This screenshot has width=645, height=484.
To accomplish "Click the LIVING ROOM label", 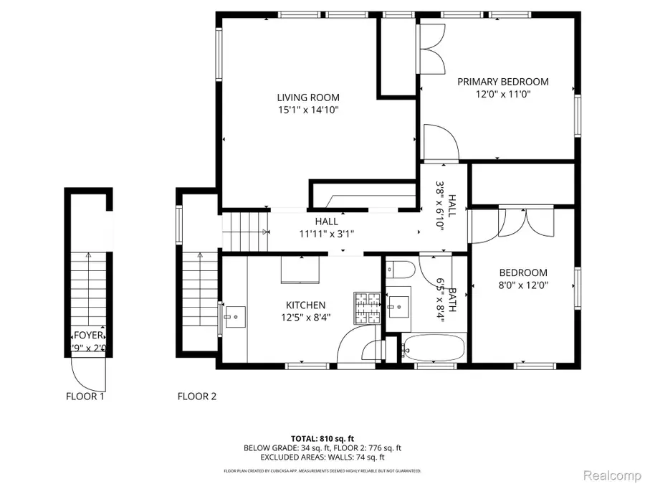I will coord(308,98).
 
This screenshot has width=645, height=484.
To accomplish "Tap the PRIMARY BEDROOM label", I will coord(502,82).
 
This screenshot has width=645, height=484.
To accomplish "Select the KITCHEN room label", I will coord(305,305).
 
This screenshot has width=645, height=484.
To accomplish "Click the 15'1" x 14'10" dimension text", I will coord(308,110).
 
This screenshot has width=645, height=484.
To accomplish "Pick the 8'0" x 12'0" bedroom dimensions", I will coord(523,285).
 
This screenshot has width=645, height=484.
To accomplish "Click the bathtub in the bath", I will coord(433,348).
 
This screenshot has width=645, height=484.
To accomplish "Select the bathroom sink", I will coord(397,307).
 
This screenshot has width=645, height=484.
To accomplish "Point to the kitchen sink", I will coord(234,316).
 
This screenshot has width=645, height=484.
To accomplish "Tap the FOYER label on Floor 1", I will coord(89,336).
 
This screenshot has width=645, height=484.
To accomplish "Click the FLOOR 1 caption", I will coord(85,396).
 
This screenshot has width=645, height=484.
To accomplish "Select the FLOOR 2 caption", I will coord(197,396).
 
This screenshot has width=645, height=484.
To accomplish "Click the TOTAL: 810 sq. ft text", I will coord(322,438).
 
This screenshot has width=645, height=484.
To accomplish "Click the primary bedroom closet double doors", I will coord(431,49).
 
